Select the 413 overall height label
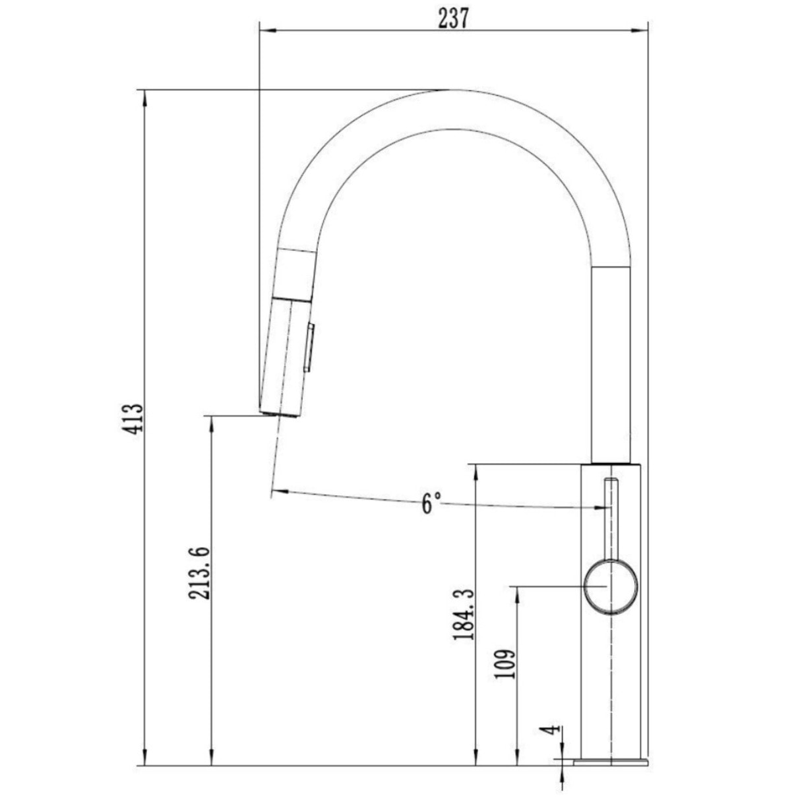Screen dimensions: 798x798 pyautogui.click(x=135, y=419)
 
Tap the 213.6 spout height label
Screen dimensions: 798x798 pyautogui.click(x=199, y=572)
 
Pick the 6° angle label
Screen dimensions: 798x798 pyautogui.click(x=430, y=504)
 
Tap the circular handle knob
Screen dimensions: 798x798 pyautogui.click(x=611, y=586)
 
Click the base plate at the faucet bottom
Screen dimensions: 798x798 pyautogui.click(x=610, y=762)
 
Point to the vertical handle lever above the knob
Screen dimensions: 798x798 pyautogui.click(x=611, y=518)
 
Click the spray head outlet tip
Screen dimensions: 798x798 pyautogui.click(x=280, y=413)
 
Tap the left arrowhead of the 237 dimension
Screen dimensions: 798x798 pyautogui.click(x=266, y=29)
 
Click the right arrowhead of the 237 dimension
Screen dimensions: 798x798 pyautogui.click(x=642, y=29)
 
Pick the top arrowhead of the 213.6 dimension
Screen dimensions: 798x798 pyautogui.click(x=212, y=422)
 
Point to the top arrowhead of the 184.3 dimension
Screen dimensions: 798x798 pyautogui.click(x=474, y=471)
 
